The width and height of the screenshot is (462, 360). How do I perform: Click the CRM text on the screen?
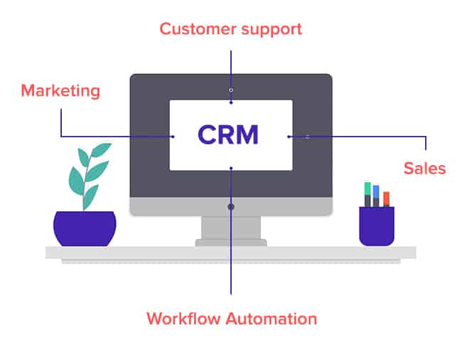(x=228, y=134)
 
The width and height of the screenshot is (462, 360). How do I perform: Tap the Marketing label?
(x=60, y=90)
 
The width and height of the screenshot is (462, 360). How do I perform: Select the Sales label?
(x=424, y=169)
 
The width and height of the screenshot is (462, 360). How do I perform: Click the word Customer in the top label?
(x=198, y=29)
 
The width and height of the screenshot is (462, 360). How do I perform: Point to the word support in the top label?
(x=272, y=30)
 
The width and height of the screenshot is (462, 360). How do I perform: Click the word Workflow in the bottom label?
(x=183, y=319)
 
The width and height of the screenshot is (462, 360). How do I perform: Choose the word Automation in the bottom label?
(x=272, y=319)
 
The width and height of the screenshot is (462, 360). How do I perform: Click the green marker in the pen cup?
(x=367, y=194)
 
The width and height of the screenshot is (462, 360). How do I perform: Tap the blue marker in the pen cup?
(x=376, y=196)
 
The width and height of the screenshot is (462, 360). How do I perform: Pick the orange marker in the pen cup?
(x=386, y=199)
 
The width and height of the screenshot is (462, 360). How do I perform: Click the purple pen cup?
(x=377, y=226)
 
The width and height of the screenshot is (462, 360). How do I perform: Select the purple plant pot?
(x=85, y=228)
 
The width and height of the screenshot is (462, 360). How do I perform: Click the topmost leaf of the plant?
(x=101, y=149)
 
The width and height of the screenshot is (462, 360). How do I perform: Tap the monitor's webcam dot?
(x=231, y=90)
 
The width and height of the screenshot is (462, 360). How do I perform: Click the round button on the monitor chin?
(x=231, y=207)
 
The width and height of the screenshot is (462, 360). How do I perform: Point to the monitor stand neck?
(x=231, y=228)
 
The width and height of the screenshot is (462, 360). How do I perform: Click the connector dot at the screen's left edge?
(x=173, y=137)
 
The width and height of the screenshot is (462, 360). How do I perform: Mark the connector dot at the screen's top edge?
(x=231, y=102)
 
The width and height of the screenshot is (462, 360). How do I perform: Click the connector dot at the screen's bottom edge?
(x=231, y=168)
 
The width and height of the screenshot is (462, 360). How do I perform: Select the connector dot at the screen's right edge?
(x=289, y=137)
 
